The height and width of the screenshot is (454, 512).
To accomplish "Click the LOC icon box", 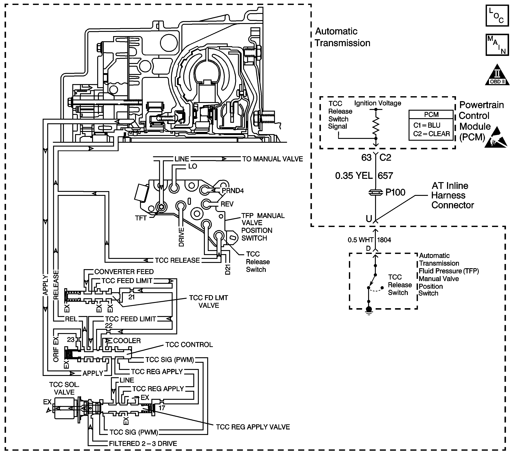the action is click(x=497, y=16).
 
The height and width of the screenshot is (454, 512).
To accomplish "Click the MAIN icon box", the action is click(x=497, y=45).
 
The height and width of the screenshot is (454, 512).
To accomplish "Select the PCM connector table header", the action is click(x=431, y=115).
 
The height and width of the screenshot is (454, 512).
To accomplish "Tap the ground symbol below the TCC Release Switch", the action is click(x=368, y=311).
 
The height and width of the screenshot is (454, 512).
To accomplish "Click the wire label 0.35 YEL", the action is click(x=354, y=176).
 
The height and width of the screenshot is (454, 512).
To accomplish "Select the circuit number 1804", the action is click(x=384, y=240).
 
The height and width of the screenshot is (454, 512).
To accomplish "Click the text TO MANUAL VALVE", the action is click(x=273, y=159).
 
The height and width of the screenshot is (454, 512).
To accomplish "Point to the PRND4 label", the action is click(x=233, y=191).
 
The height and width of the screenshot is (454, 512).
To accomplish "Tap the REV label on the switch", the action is click(x=227, y=204).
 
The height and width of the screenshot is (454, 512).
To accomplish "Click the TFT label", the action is click(x=141, y=218).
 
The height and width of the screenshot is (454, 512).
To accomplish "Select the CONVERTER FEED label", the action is click(x=124, y=272).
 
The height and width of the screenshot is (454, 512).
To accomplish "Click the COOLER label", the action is click(x=127, y=341).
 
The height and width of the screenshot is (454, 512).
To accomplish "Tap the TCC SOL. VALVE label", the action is click(x=64, y=388).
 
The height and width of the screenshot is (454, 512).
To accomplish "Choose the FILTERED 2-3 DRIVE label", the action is click(x=143, y=444).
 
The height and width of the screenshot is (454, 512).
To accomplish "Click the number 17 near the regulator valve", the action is click(x=162, y=408).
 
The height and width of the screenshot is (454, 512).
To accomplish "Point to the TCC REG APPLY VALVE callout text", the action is click(x=253, y=427).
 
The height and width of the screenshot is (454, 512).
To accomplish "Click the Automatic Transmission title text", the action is click(x=342, y=37).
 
